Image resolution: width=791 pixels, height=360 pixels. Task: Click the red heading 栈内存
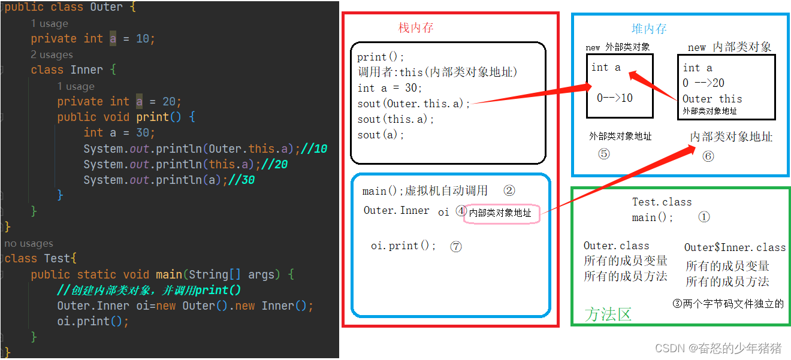[x=416, y=28]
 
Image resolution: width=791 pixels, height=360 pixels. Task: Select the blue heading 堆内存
[x=649, y=29]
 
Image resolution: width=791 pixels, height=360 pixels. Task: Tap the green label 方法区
[x=608, y=314]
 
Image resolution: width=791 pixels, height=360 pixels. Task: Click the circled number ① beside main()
[x=704, y=217]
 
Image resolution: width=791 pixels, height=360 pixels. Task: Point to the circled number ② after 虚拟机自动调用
[x=509, y=191]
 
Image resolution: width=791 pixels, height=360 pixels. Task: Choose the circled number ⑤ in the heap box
[x=603, y=154]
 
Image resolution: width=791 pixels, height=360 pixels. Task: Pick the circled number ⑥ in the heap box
[x=708, y=156]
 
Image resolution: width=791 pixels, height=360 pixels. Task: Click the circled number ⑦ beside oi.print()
[x=456, y=246]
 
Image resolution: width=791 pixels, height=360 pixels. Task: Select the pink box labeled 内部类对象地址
[x=502, y=213]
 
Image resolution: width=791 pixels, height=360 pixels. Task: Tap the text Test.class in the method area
[x=662, y=202]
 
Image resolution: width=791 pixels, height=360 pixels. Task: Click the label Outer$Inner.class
[x=735, y=247]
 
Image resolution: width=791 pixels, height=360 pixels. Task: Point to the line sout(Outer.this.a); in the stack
[x=414, y=104]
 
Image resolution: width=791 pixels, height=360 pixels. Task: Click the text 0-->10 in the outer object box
[x=614, y=98]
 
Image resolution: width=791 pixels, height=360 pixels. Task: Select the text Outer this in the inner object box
[x=712, y=99]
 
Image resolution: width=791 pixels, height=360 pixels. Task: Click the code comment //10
[x=314, y=149]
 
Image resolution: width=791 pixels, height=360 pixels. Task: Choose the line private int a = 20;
[x=119, y=101]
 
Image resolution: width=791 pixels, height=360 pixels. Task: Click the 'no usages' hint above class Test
[x=29, y=243]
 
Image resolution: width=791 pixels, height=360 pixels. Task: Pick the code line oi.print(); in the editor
[x=93, y=321]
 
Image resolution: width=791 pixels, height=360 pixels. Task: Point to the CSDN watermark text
[x=718, y=349]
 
